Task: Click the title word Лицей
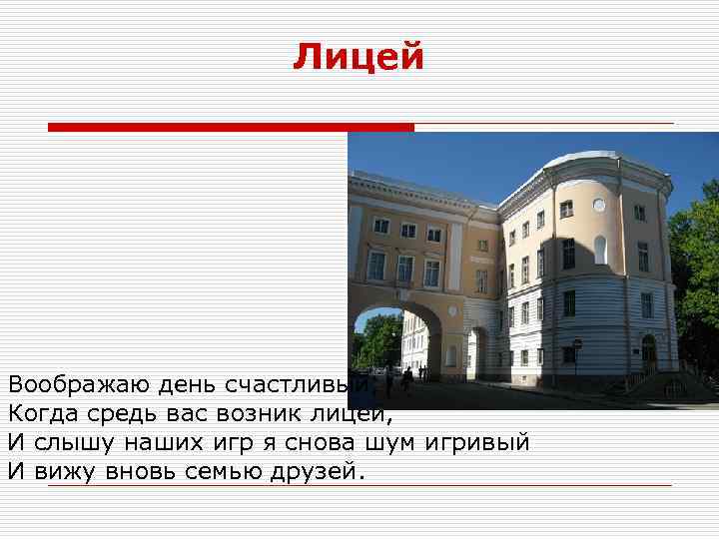coord(359,57)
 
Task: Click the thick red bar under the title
coord(231,127)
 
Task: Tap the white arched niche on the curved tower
coord(599,250)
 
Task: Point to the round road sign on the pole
coord(576,345)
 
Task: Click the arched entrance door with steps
coord(649,354)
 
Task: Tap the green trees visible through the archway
coord(376,339)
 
